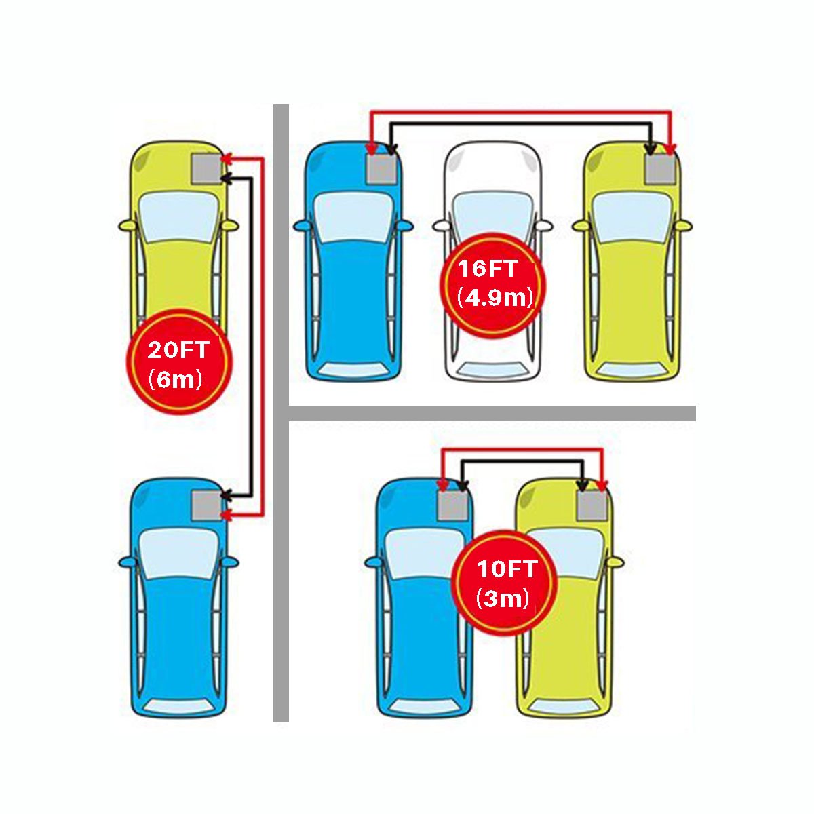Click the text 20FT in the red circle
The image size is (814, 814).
tap(178, 350)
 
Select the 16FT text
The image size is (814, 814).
tap(488, 269)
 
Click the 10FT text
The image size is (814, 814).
tap(506, 569)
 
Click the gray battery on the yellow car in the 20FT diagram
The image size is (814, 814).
tap(207, 168)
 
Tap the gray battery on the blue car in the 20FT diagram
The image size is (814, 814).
tap(207, 505)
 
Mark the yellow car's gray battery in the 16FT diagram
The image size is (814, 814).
tap(660, 169)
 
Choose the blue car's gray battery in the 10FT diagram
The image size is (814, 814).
tap(452, 505)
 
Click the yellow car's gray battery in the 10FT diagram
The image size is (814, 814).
tap(593, 505)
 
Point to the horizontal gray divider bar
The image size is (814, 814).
tap(492, 414)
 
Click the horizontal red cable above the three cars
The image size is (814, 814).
tap(520, 112)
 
